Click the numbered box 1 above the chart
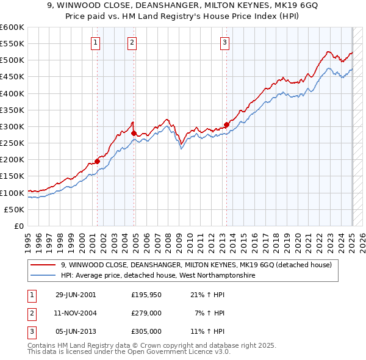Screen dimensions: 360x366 coord(96,42)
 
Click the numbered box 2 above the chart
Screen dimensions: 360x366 coord(132,42)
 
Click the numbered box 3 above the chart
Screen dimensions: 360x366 coord(225,42)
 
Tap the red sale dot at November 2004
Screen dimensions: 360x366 coord(134,132)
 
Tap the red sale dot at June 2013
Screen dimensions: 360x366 coord(226,124)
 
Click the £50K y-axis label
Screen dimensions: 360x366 coord(15,209)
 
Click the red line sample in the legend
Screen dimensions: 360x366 coord(43,265)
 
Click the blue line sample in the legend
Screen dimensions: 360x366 coord(43,276)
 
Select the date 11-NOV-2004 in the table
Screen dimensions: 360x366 coord(76,313)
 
